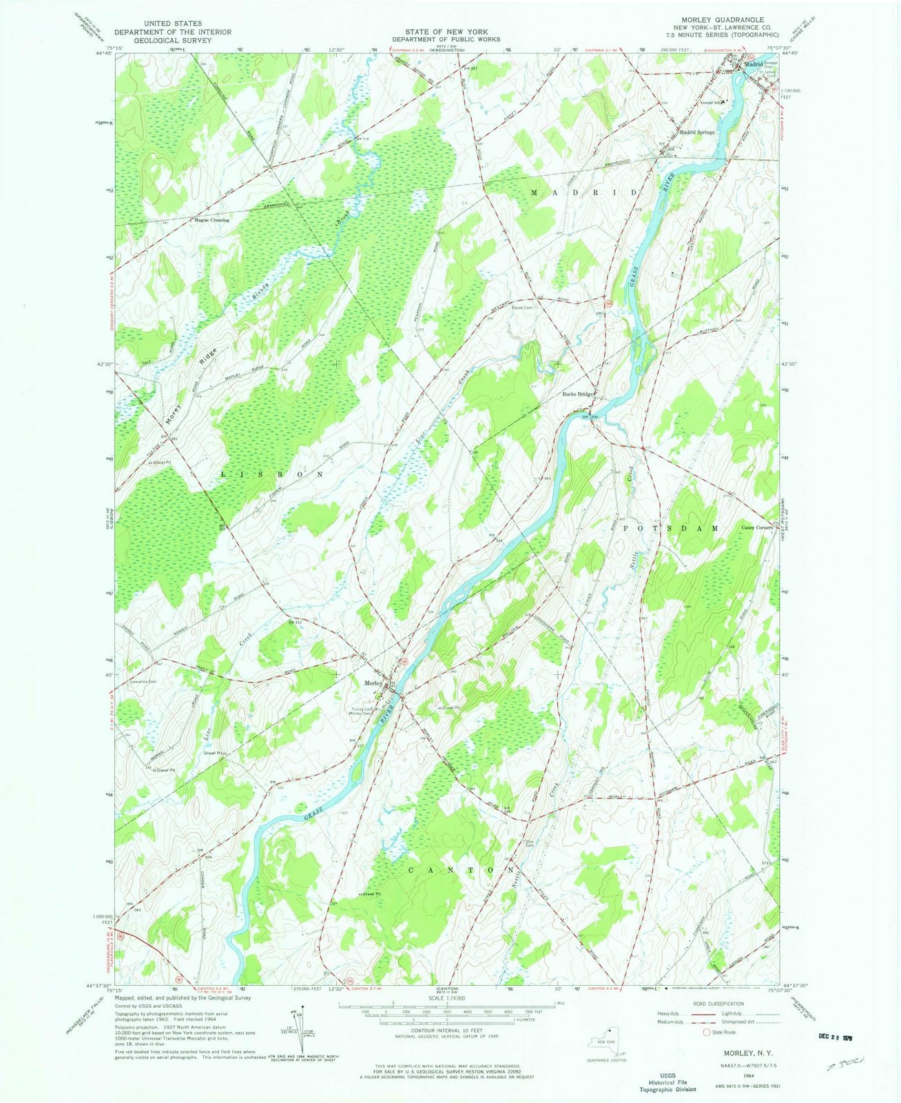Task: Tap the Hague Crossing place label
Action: pos(211,221)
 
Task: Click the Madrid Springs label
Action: pos(698,132)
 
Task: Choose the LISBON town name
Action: pos(271,475)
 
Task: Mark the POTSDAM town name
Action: pos(671,527)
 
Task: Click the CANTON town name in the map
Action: pos(452,870)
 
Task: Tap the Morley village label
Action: pos(373,683)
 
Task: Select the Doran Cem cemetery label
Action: pos(523,308)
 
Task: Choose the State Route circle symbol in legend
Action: pos(706,1033)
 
